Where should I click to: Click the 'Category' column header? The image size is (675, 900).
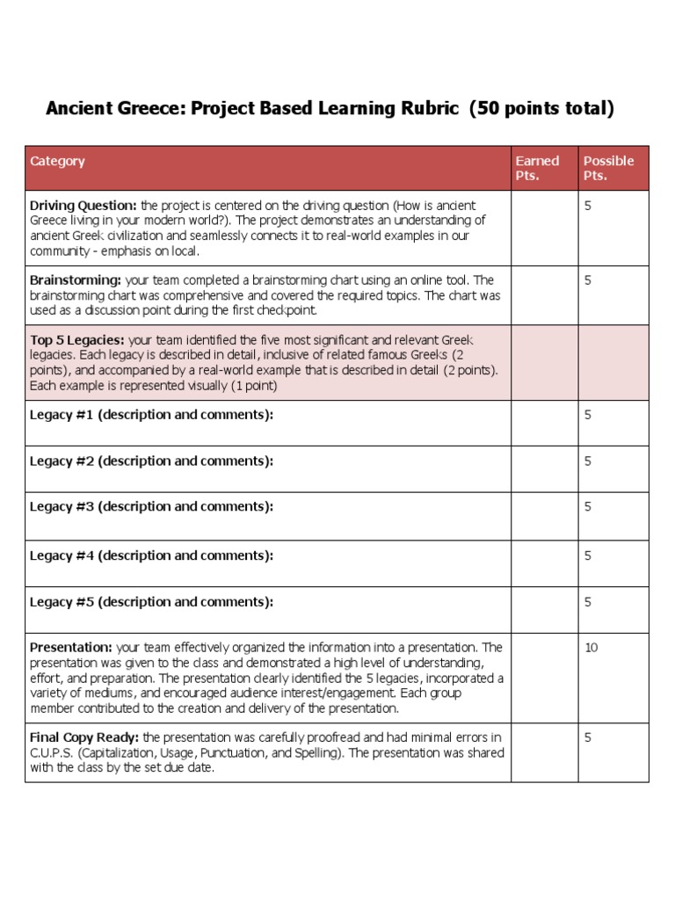57,161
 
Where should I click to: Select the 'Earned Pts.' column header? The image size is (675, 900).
536,168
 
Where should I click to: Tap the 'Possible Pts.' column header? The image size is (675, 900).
608,168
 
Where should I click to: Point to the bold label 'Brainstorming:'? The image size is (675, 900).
76,280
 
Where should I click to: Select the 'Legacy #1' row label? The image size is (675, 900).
151,415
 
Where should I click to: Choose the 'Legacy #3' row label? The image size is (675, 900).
151,506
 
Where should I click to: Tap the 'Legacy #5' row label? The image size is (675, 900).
151,602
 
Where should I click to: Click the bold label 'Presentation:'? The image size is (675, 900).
71,648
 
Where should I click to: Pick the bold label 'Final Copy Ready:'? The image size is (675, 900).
84,737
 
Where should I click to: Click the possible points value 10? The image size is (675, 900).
591,648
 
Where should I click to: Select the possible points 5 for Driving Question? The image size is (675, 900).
588,205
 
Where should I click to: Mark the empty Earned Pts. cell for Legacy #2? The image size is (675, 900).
543,468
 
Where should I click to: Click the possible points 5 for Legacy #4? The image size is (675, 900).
588,555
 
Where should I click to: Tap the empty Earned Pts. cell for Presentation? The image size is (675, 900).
543,678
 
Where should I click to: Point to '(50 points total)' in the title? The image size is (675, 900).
541,109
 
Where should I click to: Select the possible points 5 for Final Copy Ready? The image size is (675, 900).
588,737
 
